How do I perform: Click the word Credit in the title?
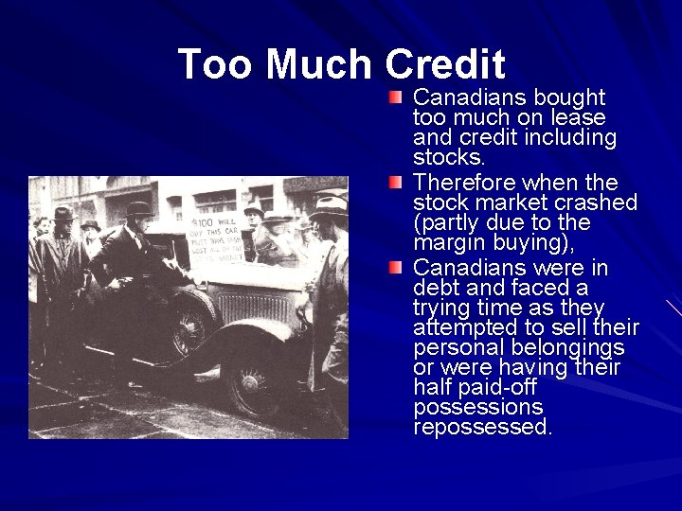[x=446, y=64]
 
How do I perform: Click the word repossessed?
[x=482, y=428]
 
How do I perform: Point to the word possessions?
[x=478, y=408]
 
